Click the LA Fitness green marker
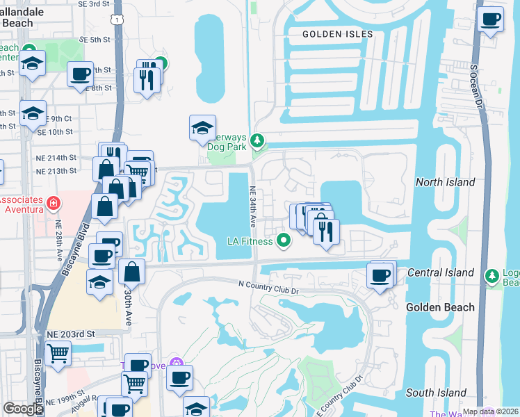[x=283, y=241]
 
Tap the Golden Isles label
[x=338, y=34]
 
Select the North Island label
[x=445, y=182]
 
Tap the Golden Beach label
[x=440, y=307]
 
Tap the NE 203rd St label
[x=70, y=334]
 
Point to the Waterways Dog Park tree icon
[x=258, y=142]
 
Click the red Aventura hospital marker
[x=54, y=203]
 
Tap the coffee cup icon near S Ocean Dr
[x=491, y=19]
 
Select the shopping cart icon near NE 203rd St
[x=58, y=353]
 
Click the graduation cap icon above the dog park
[x=202, y=128]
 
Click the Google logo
[x=23, y=409]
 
